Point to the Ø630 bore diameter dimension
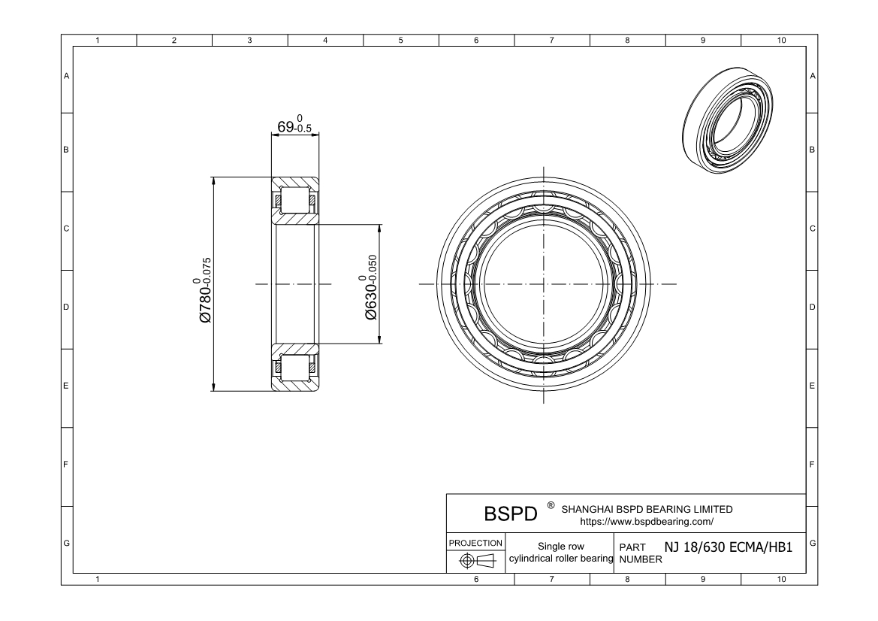[x=370, y=287]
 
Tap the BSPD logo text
[x=510, y=513]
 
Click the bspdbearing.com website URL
[x=647, y=522]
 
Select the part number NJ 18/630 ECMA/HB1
[x=729, y=547]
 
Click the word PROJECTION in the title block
[x=475, y=543]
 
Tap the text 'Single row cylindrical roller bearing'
[x=561, y=552]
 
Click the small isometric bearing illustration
[x=729, y=120]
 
